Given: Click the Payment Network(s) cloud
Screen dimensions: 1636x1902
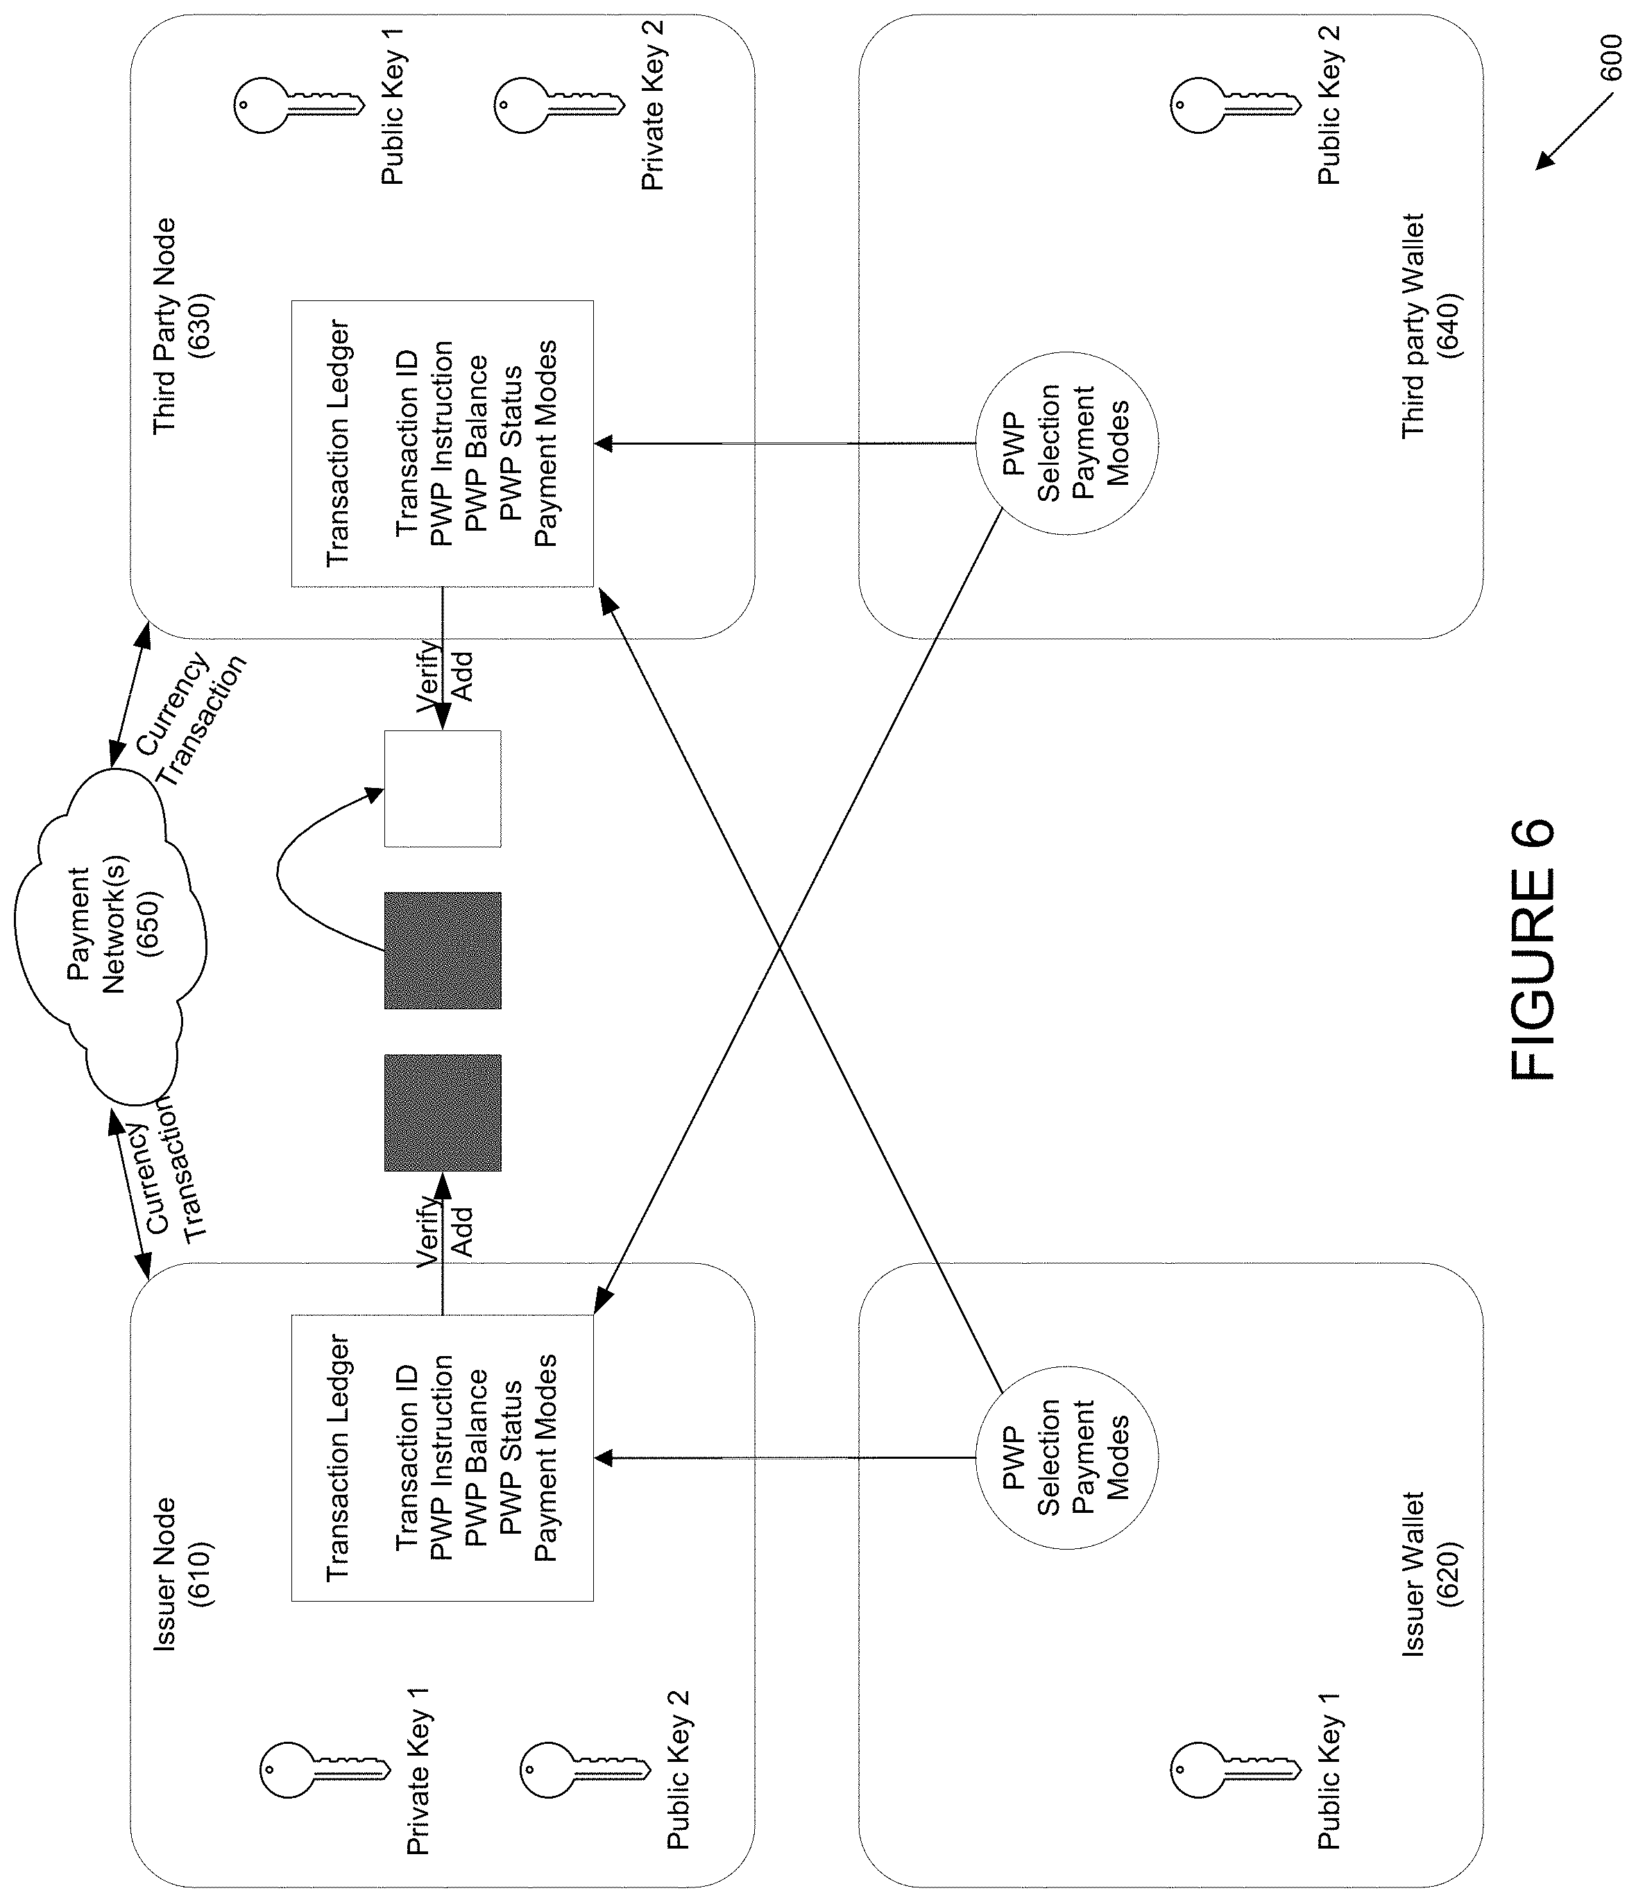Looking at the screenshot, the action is (x=110, y=936).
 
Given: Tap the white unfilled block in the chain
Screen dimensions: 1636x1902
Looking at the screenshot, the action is (x=443, y=789).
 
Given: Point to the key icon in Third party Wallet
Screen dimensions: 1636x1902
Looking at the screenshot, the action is (x=1235, y=105).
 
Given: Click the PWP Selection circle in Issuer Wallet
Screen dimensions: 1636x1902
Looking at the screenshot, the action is (x=1066, y=1457).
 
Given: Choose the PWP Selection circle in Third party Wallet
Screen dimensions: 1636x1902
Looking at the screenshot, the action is (x=1066, y=443).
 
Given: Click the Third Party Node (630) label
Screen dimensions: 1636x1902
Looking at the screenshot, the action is (x=182, y=326).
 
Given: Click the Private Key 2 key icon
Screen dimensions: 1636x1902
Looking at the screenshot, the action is (x=559, y=105).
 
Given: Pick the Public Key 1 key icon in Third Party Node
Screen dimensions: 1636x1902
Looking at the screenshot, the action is (x=298, y=105).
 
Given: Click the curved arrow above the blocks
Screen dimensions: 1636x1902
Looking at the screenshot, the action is (x=279, y=868).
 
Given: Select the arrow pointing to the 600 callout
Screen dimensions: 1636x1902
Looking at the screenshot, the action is (x=1574, y=133).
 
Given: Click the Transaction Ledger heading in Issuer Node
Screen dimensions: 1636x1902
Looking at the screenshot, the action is (x=339, y=1457).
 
